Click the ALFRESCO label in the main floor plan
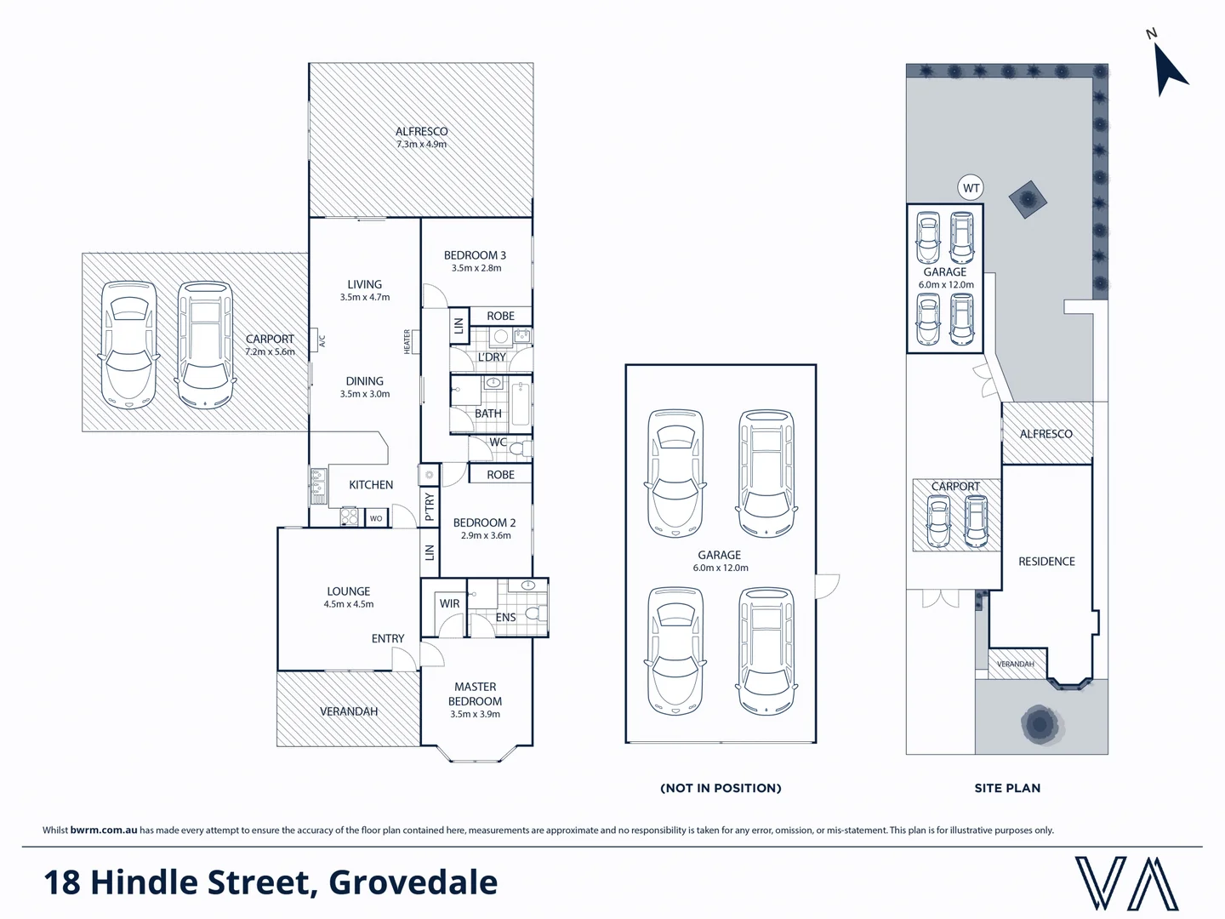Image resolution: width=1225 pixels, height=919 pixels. [421, 132]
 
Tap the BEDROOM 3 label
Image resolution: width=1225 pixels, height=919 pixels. [475, 255]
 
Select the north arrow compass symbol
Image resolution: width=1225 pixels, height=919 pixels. [1167, 66]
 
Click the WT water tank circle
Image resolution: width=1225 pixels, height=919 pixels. [971, 188]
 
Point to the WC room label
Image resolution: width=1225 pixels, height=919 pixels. [498, 442]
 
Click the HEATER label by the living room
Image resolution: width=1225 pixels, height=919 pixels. [407, 342]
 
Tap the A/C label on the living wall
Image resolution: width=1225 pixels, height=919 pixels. [322, 341]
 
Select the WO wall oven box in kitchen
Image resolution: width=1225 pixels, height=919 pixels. [376, 518]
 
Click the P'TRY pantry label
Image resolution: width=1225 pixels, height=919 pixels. [430, 507]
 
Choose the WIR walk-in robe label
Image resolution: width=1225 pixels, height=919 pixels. [449, 604]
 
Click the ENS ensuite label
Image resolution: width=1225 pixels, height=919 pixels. [505, 618]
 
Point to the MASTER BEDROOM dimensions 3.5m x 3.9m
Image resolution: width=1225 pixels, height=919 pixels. [475, 715]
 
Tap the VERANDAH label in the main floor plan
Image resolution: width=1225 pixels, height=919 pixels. [349, 711]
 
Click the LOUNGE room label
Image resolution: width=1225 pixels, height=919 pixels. [349, 591]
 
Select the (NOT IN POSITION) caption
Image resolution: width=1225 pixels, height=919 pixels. [721, 788]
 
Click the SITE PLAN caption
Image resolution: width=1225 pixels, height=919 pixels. [1007, 788]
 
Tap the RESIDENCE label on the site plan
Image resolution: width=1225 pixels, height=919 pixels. [1046, 562]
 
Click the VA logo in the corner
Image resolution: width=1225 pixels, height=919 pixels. [1126, 883]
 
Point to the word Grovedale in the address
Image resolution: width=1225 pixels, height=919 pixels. [413, 882]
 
